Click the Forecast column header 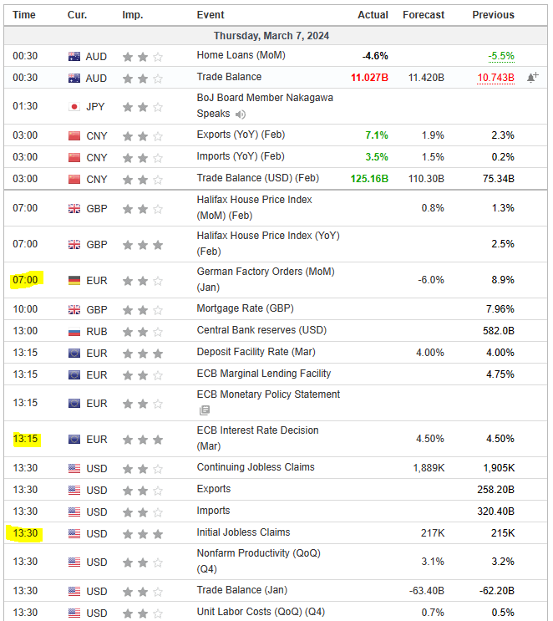pyautogui.click(x=424, y=15)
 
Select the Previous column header pyautogui.click(x=493, y=15)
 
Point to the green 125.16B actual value pyautogui.click(x=370, y=178)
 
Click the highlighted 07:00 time pyautogui.click(x=25, y=280)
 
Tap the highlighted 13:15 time pyautogui.click(x=25, y=439)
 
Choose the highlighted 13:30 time pyautogui.click(x=25, y=533)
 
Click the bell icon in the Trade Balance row pyautogui.click(x=531, y=78)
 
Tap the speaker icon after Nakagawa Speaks pyautogui.click(x=241, y=115)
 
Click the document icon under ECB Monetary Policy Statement pyautogui.click(x=204, y=410)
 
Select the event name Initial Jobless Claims pyautogui.click(x=243, y=532)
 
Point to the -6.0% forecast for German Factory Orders pyautogui.click(x=431, y=280)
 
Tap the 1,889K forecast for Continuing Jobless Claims pyautogui.click(x=429, y=468)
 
